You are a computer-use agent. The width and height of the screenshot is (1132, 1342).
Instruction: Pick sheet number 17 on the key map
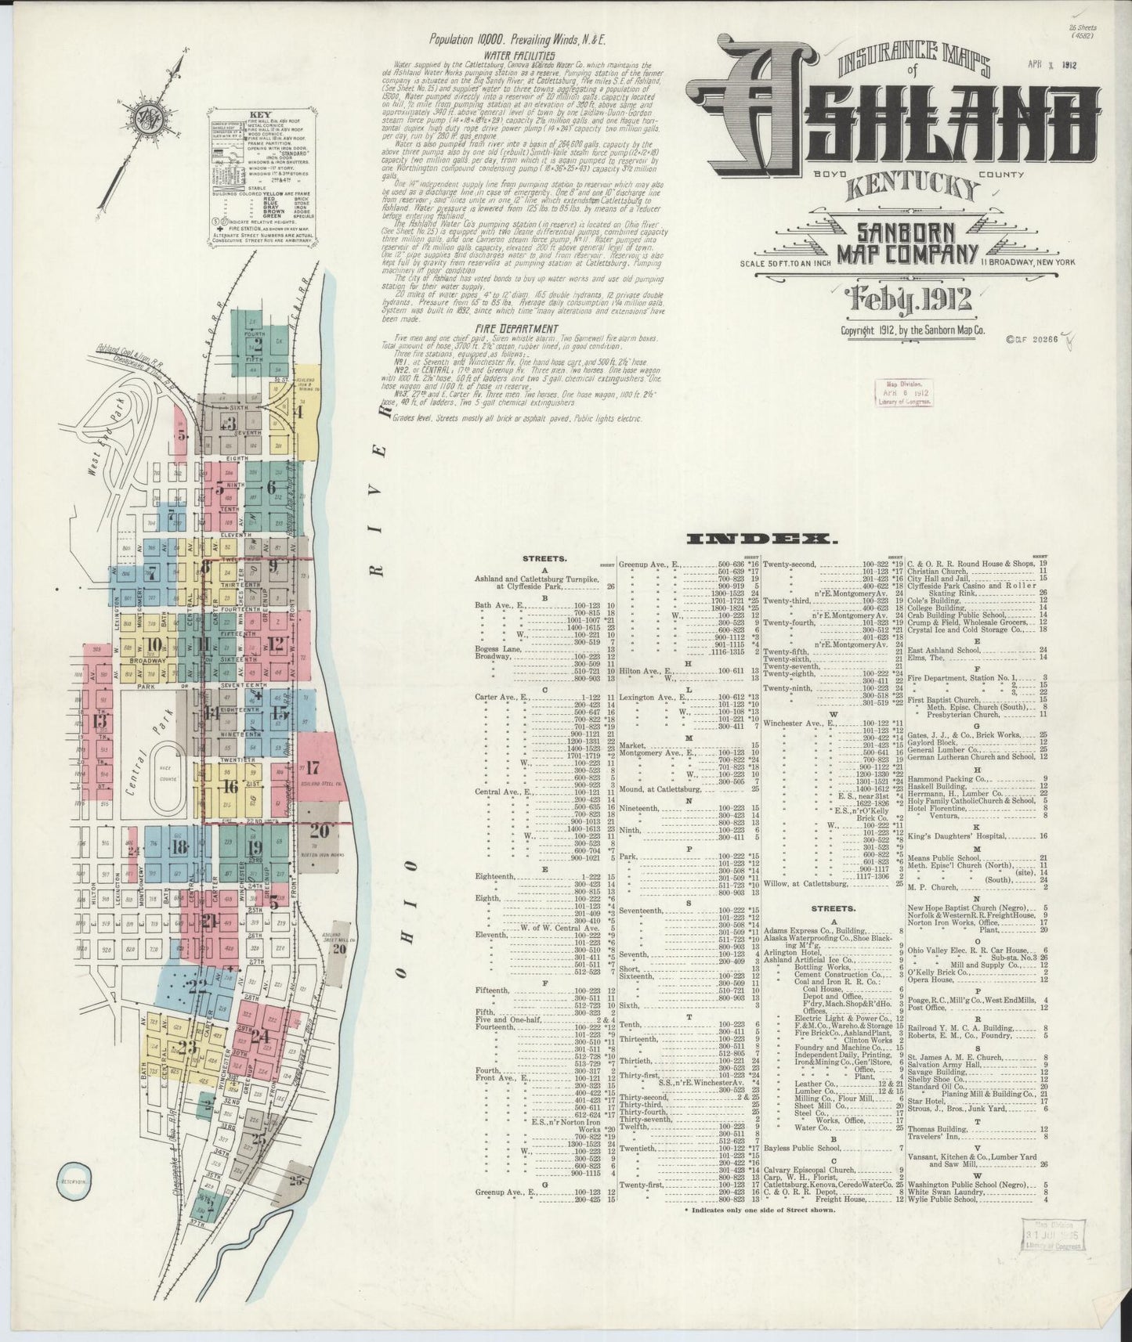coord(314,767)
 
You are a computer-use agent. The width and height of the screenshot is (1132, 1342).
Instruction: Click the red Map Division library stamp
coord(907,392)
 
